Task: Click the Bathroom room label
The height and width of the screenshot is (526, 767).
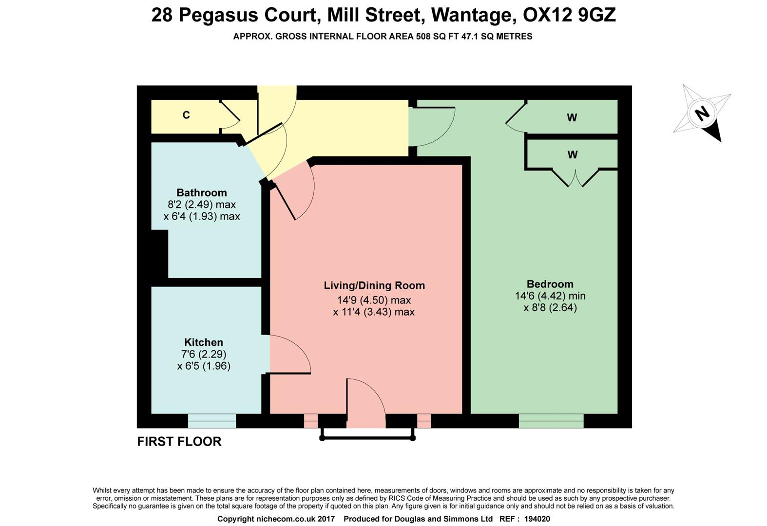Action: pos(202,192)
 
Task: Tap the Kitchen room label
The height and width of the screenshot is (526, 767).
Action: pos(204,342)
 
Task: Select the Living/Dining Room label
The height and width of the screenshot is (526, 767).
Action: pos(374,285)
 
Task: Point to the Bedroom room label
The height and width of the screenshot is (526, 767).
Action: pos(550,284)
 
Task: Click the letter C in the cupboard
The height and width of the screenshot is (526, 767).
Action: pos(186,115)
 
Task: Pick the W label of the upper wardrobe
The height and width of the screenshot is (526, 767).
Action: pos(572,117)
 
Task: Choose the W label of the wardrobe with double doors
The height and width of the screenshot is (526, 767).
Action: pos(573,155)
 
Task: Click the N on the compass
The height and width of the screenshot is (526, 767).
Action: pos(702,114)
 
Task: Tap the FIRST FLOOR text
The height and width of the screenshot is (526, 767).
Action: pos(179,441)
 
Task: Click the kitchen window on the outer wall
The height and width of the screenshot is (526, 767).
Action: pos(212,421)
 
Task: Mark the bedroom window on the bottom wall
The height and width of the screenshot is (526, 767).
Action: pos(551,421)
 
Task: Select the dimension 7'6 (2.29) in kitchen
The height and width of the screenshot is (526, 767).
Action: pos(204,354)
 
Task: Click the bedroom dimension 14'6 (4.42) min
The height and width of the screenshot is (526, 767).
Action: pos(550,296)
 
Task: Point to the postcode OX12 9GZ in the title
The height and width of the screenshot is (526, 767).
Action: pos(569,15)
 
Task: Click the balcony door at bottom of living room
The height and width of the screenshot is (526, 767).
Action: pos(366,404)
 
